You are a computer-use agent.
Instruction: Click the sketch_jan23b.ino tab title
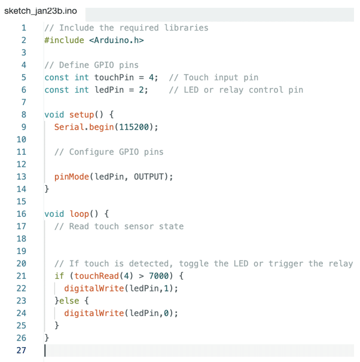pos(41,11)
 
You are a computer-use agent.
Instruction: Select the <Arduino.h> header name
pos(117,40)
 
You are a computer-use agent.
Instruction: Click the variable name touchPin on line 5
pos(114,78)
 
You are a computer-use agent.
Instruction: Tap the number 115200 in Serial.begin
pos(134,127)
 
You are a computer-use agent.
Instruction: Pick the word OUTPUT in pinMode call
pos(149,177)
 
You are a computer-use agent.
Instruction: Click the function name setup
pos(81,115)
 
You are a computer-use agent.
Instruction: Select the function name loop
pos(80,214)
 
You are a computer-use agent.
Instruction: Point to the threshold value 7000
pos(158,276)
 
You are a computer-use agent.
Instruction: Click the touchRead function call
pos(97,276)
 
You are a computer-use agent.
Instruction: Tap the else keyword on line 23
pos(69,301)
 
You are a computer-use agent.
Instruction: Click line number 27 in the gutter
pos(22,350)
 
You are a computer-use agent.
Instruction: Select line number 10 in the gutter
pos(22,139)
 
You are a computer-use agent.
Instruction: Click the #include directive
pos(64,40)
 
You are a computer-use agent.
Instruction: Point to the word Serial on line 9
pos(69,127)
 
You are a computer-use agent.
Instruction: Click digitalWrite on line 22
pos(94,289)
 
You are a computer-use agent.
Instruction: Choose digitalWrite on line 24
pos(94,313)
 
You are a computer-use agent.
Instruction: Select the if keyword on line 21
pos(59,276)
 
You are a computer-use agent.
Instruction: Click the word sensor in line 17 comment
pos(139,226)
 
